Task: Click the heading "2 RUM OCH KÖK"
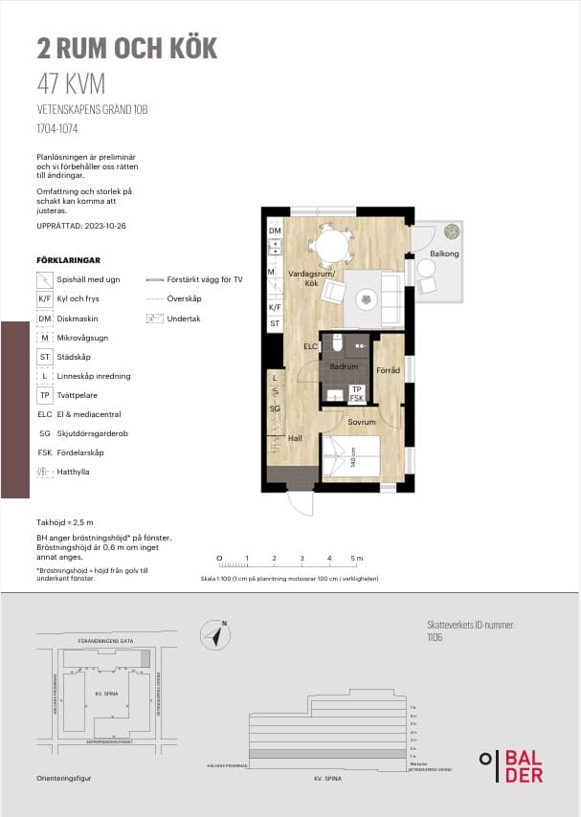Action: [127, 48]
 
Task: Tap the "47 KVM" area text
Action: [71, 84]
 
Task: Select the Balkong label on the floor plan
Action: [444, 254]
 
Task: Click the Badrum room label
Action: [343, 366]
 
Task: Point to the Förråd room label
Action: [388, 370]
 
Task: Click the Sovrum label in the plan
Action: [362, 421]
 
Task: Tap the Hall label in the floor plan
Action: [296, 438]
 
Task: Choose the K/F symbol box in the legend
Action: [45, 298]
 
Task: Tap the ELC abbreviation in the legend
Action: [45, 414]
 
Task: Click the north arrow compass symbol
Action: [216, 634]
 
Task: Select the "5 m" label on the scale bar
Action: [356, 558]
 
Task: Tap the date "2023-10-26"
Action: [103, 226]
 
